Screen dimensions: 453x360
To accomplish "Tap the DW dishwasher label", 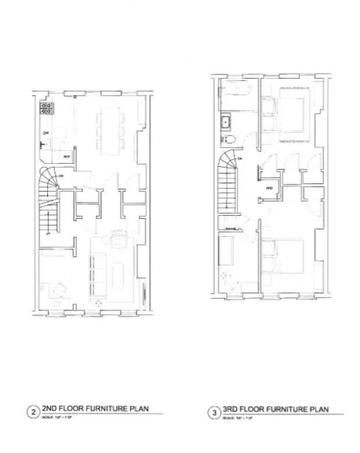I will pyautogui.click(x=45, y=134).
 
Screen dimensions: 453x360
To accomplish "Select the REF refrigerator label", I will pyautogui.click(x=66, y=157).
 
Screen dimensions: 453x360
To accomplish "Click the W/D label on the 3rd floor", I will pyautogui.click(x=269, y=188).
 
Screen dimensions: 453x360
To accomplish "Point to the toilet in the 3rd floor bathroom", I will pyautogui.click(x=229, y=139).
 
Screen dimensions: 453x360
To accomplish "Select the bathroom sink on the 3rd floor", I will pyautogui.click(x=225, y=122).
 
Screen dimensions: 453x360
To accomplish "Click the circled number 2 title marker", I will pyautogui.click(x=34, y=413).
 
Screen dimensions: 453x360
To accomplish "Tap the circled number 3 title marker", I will pyautogui.click(x=214, y=413).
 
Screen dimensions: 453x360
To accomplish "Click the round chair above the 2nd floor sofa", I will pyautogui.click(x=119, y=238).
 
